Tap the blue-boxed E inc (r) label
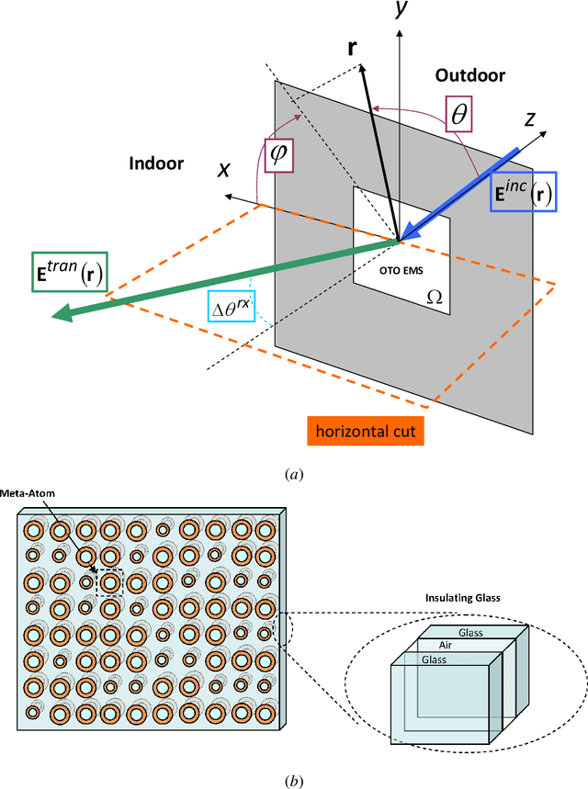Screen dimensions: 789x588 point(522,192)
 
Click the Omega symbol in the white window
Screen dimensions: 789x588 point(435,298)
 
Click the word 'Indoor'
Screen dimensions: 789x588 point(156,164)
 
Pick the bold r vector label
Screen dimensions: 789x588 point(353,47)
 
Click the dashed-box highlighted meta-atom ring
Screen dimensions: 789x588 point(109,582)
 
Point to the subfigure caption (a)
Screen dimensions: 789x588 point(293,474)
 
